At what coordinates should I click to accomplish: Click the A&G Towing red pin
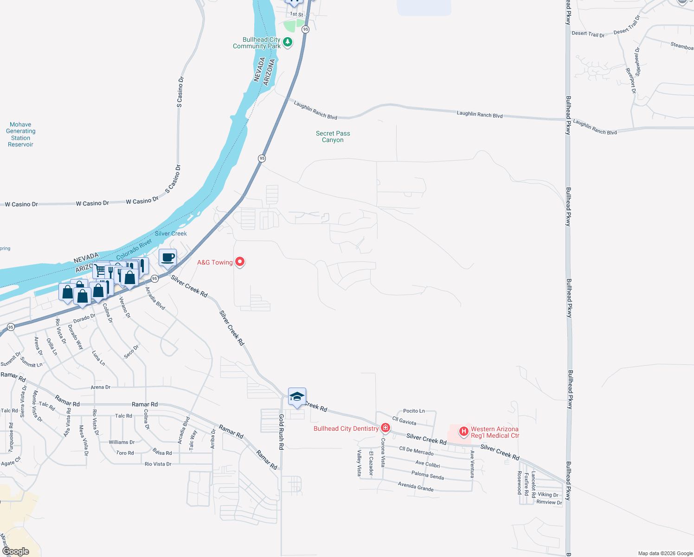[x=240, y=262]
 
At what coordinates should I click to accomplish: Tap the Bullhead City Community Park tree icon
[x=288, y=43]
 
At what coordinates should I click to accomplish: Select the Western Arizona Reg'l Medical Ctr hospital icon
[x=463, y=432]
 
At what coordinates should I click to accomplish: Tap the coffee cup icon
[x=168, y=257]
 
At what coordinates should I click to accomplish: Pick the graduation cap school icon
[x=297, y=397]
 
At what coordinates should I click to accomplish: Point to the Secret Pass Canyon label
[x=333, y=136]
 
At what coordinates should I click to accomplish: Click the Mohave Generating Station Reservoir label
[x=20, y=135]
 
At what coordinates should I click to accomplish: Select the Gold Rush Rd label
[x=281, y=432]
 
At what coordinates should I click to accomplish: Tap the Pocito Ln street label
[x=414, y=411]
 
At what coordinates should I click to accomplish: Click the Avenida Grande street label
[x=416, y=486]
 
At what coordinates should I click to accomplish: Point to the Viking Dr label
[x=548, y=495]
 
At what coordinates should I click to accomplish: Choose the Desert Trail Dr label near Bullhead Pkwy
[x=588, y=34]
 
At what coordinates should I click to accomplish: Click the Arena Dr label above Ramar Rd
[x=101, y=387]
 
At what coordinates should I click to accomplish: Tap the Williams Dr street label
[x=122, y=442]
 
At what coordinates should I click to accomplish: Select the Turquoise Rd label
[x=11, y=437]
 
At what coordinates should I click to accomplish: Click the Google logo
[x=16, y=551]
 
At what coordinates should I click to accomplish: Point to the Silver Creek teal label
[x=171, y=233]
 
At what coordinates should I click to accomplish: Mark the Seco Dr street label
[x=131, y=352]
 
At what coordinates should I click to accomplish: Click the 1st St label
[x=296, y=14]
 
